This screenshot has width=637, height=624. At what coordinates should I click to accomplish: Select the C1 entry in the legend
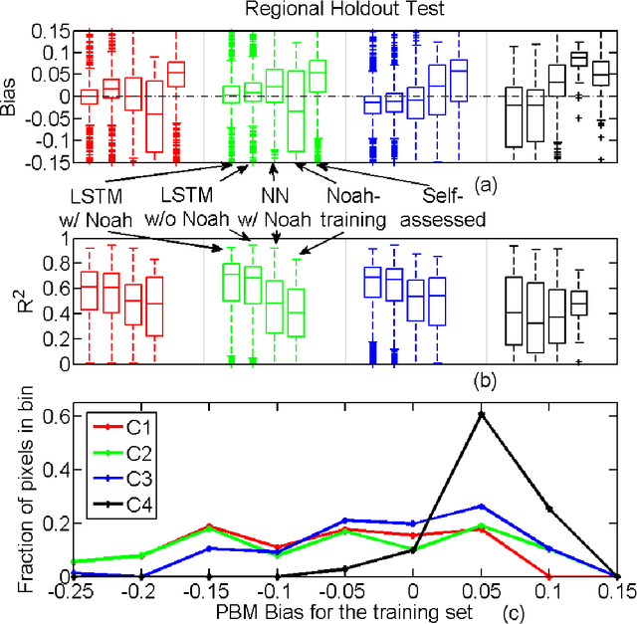coord(140,429)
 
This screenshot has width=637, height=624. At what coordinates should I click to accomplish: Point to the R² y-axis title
coord(12,301)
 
